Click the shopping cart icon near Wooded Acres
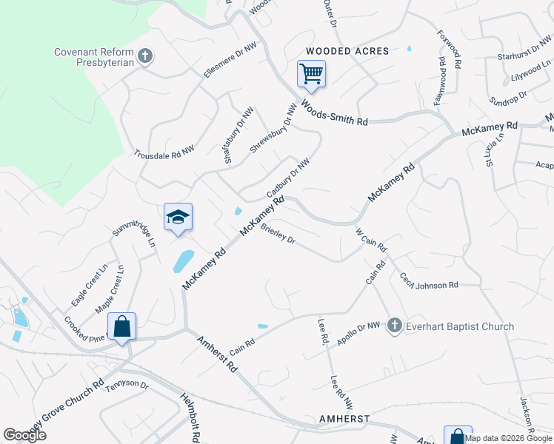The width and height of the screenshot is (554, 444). (x=312, y=74)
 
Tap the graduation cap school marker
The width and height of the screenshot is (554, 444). (x=178, y=217)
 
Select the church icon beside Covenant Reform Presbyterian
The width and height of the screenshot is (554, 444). (x=145, y=55)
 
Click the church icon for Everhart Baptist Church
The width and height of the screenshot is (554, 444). (x=395, y=326)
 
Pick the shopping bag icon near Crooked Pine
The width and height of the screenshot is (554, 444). (x=121, y=326)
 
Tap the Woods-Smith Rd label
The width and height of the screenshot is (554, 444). (x=334, y=113)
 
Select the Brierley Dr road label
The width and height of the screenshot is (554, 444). (x=278, y=234)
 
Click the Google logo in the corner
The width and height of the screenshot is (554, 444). (x=24, y=435)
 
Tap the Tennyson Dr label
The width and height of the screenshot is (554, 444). (x=127, y=386)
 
